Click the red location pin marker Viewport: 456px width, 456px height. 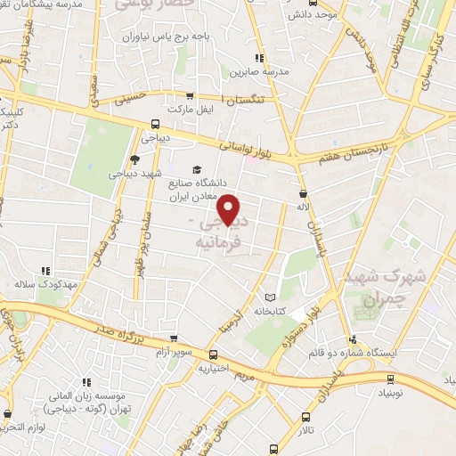click(231, 208)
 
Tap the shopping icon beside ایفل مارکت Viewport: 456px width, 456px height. click(189, 94)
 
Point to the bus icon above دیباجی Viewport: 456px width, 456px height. click(156, 125)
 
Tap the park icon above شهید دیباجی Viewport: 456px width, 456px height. click(134, 159)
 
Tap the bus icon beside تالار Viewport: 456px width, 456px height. click(308, 416)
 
